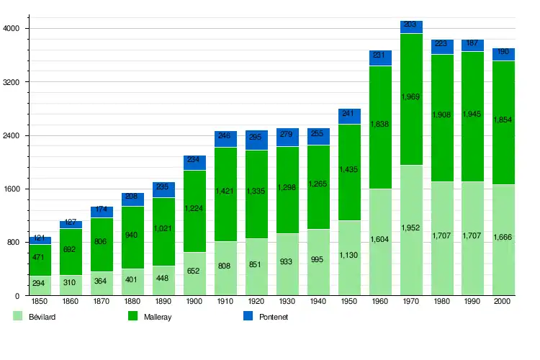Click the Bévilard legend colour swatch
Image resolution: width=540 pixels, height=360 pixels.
tap(18, 316)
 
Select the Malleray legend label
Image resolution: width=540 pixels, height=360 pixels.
tap(158, 317)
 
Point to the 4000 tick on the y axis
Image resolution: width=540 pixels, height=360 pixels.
tap(13, 29)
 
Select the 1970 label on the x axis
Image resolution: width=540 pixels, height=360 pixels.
tap(411, 301)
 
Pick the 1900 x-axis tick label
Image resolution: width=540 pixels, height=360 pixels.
tap(194, 301)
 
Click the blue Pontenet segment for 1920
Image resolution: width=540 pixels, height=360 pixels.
tap(256, 140)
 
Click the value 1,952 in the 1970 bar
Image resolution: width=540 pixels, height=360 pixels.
tap(411, 228)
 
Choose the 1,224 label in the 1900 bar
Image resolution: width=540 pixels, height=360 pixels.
tap(194, 208)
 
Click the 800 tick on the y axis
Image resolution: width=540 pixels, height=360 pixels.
tap(15, 243)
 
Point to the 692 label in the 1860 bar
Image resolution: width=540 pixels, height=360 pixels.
tap(71, 249)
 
